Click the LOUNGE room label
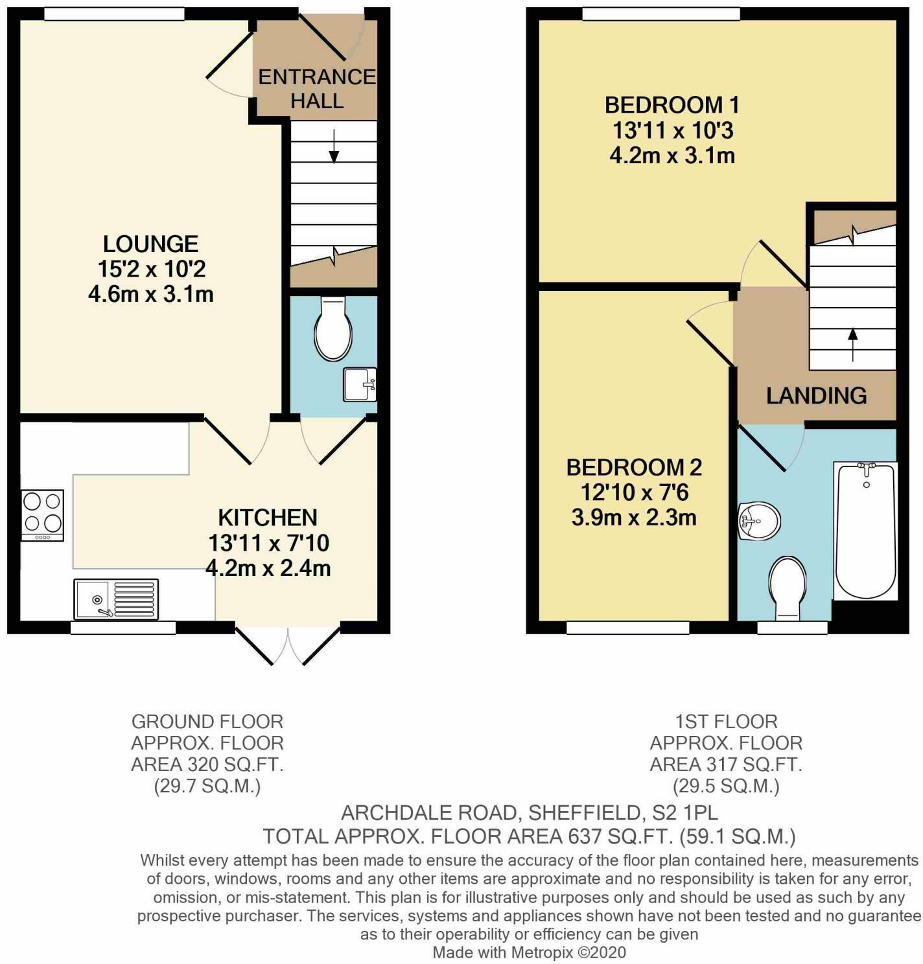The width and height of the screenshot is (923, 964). coord(150,244)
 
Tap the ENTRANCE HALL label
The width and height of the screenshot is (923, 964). coord(317,89)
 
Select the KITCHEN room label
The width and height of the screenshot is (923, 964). coord(268,518)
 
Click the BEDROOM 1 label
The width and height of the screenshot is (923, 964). coord(672,105)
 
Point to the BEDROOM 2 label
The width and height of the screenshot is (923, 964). coord(634,467)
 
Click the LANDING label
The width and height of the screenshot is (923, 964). coord(816,395)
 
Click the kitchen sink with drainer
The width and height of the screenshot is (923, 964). coord(116,599)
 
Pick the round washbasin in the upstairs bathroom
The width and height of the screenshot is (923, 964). coord(759,521)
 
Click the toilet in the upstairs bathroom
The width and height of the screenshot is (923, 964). coord(788,585)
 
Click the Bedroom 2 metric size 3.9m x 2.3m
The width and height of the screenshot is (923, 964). coord(634,518)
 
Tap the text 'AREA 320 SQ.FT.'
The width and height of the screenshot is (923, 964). coord(207,764)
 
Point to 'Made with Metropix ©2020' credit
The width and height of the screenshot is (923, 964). coord(529,952)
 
